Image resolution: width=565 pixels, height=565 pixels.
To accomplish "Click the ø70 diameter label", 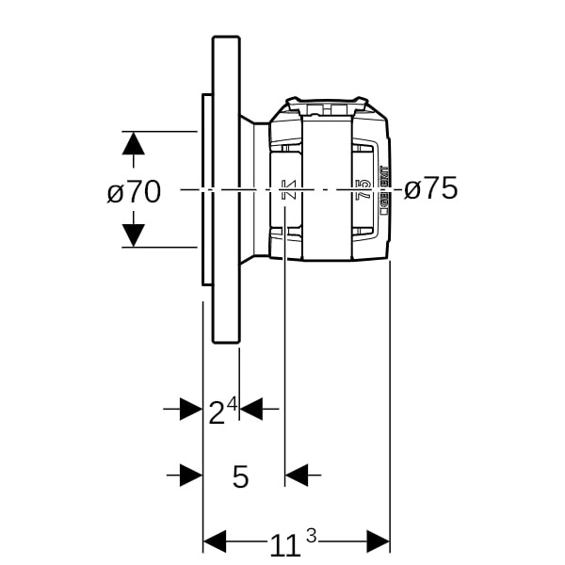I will (x=134, y=191).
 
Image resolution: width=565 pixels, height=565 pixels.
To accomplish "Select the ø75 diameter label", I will (x=430, y=189).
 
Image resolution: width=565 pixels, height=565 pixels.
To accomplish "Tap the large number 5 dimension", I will (x=241, y=476).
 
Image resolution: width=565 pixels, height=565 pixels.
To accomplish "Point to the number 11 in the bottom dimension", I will (x=285, y=544).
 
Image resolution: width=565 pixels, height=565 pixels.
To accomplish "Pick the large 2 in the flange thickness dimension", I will (x=216, y=412).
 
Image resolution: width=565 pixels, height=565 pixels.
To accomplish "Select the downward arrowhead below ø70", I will (x=134, y=234).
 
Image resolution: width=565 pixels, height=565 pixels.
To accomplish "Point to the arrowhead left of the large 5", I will (x=191, y=475).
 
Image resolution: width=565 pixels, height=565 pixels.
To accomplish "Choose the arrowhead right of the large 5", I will (x=297, y=475).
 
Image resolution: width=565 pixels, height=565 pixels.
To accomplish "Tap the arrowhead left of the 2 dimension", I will (x=191, y=409).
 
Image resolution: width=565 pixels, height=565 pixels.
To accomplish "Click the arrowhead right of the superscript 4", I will (x=251, y=409).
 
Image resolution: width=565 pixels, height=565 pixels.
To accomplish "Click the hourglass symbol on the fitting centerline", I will (x=289, y=189).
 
